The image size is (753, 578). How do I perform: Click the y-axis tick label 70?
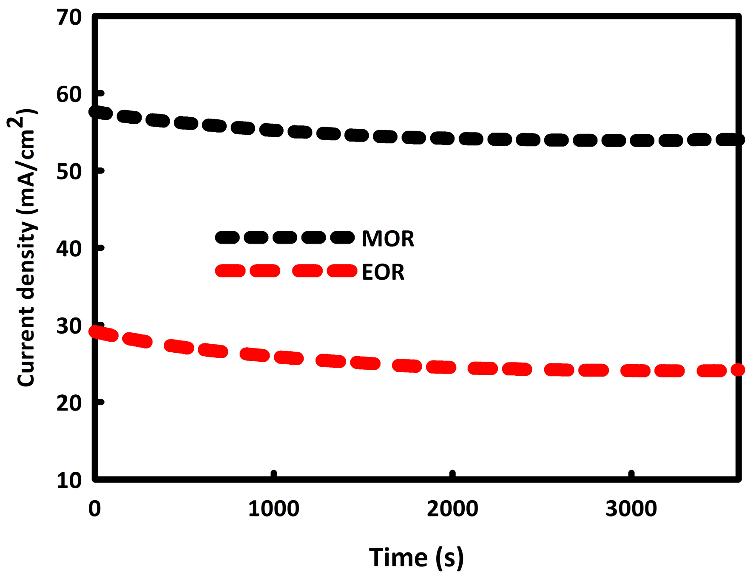tap(69, 18)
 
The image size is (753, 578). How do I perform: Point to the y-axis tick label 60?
tap(69, 94)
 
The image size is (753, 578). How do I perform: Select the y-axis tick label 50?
tap(69, 172)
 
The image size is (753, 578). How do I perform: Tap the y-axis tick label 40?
tap(69, 249)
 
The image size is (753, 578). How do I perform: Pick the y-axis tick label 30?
tap(69, 326)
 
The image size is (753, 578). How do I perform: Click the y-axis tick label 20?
tap(69, 403)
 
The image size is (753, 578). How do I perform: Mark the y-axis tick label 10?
tap(69, 480)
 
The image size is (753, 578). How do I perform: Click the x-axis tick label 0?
tap(94, 509)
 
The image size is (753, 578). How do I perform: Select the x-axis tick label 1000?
tap(273, 509)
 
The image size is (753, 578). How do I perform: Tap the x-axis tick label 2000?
tap(452, 509)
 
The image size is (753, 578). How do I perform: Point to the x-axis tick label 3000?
tap(631, 509)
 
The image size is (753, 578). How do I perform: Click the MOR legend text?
tap(388, 239)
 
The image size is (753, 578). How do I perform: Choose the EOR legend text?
tap(383, 272)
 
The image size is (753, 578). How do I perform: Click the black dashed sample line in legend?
tap(285, 238)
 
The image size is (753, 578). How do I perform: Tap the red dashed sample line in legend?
tap(286, 271)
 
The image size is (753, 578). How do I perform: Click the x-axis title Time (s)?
tap(416, 557)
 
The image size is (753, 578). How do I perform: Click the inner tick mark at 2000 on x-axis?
tap(452, 474)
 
